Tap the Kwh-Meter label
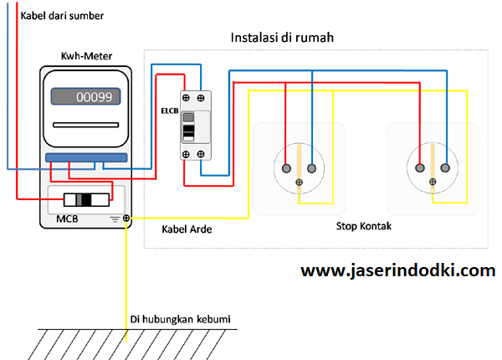[x=87, y=56]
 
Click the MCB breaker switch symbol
[x=83, y=200]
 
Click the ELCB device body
[x=195, y=126]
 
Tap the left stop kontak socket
[x=300, y=164]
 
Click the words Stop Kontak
[x=364, y=226]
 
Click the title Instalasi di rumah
[x=283, y=39]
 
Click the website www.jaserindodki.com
[x=397, y=271]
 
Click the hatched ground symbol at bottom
[x=125, y=341]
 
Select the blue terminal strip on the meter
[x=86, y=157]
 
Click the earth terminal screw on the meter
[x=126, y=219]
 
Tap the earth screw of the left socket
[x=300, y=183]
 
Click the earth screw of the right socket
[x=433, y=183]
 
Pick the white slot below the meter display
[x=86, y=125]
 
